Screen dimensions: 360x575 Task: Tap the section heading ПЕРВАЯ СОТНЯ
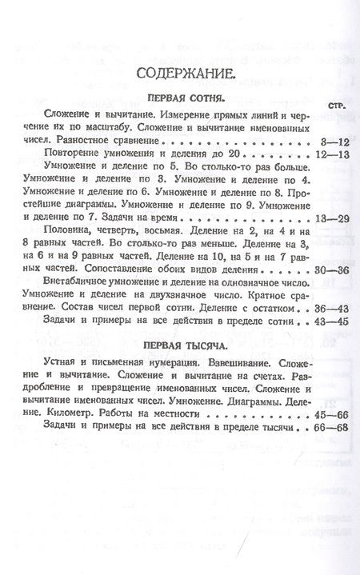(x=185, y=100)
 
